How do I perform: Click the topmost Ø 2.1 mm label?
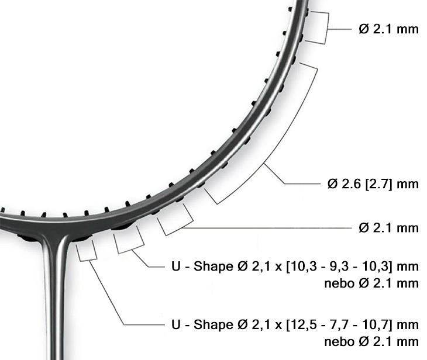(x=388, y=29)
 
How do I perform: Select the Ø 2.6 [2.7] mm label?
(x=373, y=184)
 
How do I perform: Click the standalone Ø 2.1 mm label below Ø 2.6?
(x=388, y=227)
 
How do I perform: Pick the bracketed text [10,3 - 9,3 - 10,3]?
(x=339, y=266)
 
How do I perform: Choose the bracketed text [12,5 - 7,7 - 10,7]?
(x=339, y=324)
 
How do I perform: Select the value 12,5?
(x=301, y=324)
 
